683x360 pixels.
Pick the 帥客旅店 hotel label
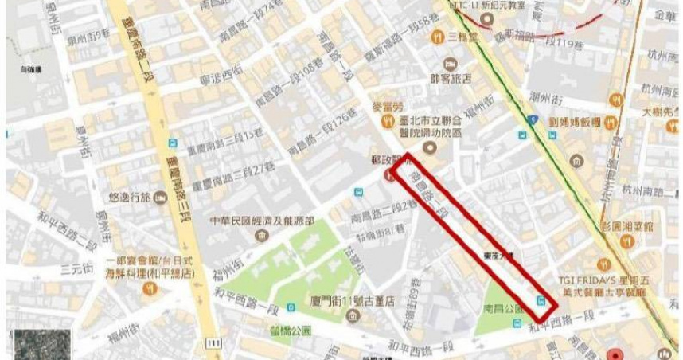click(x=451, y=78)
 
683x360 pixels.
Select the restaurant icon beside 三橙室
click(x=437, y=37)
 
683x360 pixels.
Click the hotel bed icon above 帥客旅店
click(x=451, y=63)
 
